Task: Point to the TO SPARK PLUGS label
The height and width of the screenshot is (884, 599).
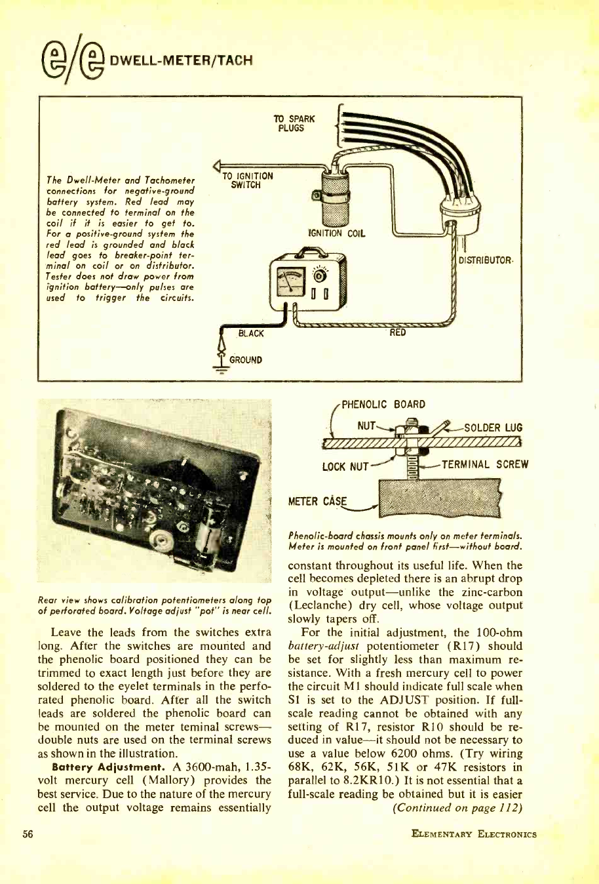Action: [x=294, y=123]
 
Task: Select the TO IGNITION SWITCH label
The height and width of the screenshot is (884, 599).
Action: [x=248, y=180]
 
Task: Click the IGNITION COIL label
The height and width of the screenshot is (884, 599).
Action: [x=337, y=233]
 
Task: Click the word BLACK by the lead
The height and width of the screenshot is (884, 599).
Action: [x=251, y=334]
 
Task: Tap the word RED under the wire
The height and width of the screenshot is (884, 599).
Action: [x=398, y=332]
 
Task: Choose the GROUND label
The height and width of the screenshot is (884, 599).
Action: [x=246, y=359]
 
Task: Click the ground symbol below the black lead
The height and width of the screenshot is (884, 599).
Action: [x=221, y=369]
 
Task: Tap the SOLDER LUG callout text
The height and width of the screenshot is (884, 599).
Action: [x=493, y=428]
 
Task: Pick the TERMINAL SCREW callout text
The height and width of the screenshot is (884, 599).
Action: [x=485, y=465]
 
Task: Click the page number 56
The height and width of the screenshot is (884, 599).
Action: [x=28, y=834]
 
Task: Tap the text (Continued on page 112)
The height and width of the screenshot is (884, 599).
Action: [x=457, y=807]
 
